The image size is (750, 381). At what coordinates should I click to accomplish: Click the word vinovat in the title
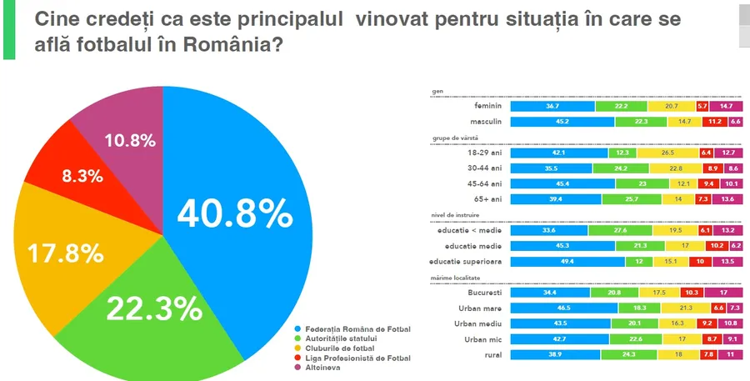click(395, 19)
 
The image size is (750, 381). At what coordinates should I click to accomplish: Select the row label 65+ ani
click(487, 199)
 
